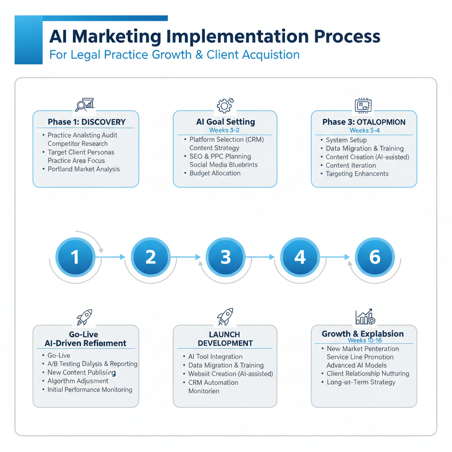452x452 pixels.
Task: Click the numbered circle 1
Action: click(x=75, y=257)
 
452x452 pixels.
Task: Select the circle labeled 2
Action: click(x=151, y=257)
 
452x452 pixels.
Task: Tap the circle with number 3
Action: click(x=226, y=257)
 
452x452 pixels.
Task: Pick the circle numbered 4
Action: click(x=300, y=257)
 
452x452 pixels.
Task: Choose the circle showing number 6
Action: click(x=375, y=257)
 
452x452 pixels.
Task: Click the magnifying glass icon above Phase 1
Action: click(x=82, y=105)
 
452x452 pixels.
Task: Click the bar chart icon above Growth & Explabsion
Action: click(x=365, y=317)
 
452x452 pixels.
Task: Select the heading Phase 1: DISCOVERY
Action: click(x=87, y=122)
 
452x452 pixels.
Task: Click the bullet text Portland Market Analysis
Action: click(x=83, y=169)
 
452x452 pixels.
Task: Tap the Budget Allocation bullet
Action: click(x=215, y=173)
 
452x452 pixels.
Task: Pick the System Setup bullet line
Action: click(x=346, y=140)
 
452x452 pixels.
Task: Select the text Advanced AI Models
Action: click(x=356, y=365)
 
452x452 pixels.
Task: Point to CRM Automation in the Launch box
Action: click(x=213, y=382)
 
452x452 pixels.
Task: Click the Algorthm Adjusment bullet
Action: click(x=78, y=381)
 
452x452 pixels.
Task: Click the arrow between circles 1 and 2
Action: click(x=113, y=257)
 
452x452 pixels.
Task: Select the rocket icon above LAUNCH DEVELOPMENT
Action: click(x=225, y=317)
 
